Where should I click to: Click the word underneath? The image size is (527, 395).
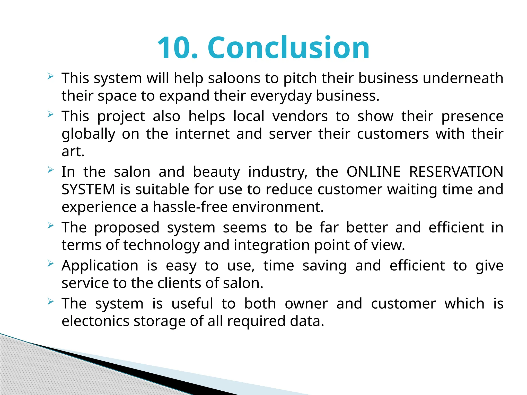tap(463, 78)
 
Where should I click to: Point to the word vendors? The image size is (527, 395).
tap(300, 116)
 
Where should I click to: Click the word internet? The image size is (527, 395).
tap(202, 134)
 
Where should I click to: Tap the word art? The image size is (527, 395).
tap(73, 151)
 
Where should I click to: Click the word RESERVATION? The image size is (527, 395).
tap(456, 172)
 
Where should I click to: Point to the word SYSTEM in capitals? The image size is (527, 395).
tap(88, 189)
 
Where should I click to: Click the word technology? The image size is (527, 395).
tap(161, 245)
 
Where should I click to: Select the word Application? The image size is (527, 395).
tap(100, 266)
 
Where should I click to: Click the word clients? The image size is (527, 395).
tap(179, 283)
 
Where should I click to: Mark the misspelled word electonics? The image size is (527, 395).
tap(95, 321)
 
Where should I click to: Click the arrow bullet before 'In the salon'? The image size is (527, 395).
tap(50, 170)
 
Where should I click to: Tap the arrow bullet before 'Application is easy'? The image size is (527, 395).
tap(50, 264)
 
